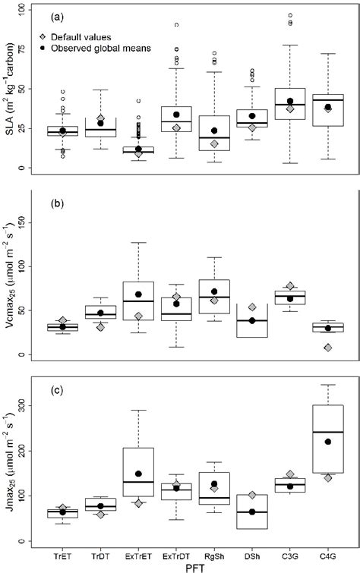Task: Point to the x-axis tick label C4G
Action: (327, 552)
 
